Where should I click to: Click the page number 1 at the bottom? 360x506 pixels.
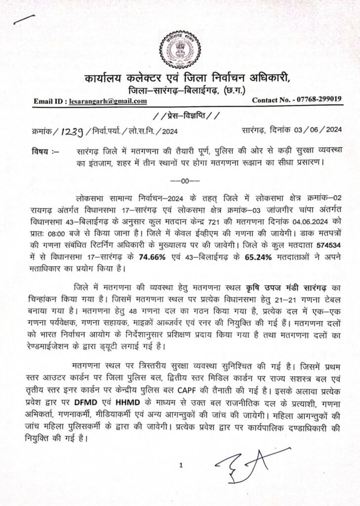(x=181, y=465)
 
